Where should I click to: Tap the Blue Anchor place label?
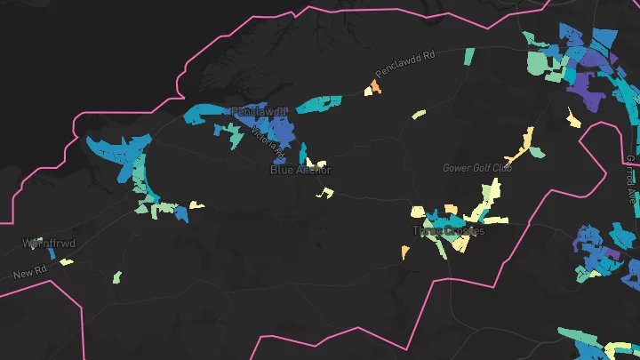pyautogui.click(x=300, y=169)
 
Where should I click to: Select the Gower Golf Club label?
pyautogui.click(x=477, y=167)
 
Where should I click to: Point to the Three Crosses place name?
pyautogui.click(x=449, y=231)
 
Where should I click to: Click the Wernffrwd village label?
pyautogui.click(x=44, y=242)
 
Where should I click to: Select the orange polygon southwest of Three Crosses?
pyautogui.click(x=405, y=252)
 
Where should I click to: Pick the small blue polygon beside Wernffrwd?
pyautogui.click(x=52, y=253)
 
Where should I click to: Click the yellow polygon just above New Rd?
pyautogui.click(x=66, y=261)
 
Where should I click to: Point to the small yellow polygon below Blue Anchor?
pyautogui.click(x=326, y=192)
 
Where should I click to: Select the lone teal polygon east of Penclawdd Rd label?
pyautogui.click(x=469, y=57)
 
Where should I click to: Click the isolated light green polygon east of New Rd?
pyautogui.click(x=116, y=277)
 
